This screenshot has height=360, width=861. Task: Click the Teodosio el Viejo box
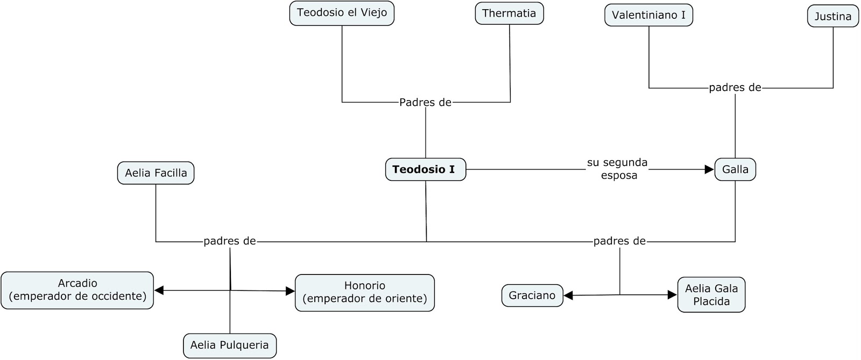342,13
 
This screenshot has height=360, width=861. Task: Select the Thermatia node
509,13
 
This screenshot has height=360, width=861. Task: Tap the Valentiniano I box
648,15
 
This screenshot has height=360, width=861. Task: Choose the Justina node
832,16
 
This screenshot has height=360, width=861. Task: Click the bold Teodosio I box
425,170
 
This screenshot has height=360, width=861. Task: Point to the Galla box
735,170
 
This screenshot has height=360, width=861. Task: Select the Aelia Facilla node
156,173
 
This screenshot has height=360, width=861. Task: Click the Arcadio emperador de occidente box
77,290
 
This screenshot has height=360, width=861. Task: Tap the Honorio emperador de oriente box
364,292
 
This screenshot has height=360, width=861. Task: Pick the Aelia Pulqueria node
230,345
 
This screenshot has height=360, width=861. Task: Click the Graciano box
532,295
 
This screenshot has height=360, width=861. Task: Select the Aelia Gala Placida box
711,295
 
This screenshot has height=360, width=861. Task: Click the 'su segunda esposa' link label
617,169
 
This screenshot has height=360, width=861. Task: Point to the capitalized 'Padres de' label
425,102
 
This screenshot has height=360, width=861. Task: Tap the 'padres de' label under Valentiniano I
735,88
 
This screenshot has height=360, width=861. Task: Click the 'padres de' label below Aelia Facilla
229,242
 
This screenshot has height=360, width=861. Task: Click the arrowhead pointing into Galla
709,170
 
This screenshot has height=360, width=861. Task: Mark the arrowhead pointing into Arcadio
159,290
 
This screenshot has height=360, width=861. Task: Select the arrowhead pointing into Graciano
568,295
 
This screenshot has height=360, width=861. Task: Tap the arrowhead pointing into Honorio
290,291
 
